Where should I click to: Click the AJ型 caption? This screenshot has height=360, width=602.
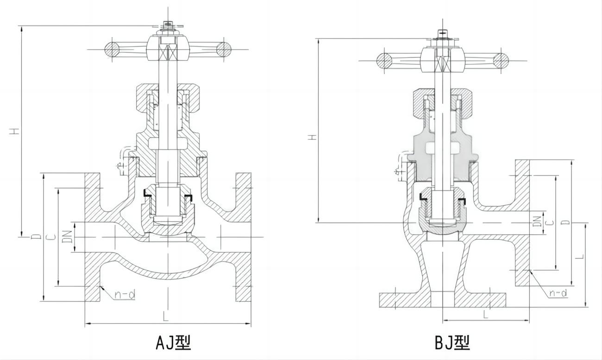[x=173, y=342]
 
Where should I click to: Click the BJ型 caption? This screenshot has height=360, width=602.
[x=452, y=342]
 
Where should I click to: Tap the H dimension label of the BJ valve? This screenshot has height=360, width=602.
[x=313, y=137]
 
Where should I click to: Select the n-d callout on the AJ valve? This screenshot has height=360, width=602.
[x=125, y=294]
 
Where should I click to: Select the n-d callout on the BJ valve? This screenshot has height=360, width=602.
[x=558, y=293]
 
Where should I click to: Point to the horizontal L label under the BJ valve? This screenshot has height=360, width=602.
[x=486, y=315]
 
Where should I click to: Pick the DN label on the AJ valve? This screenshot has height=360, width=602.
[x=67, y=237]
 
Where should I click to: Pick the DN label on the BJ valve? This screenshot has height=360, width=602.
[x=537, y=221]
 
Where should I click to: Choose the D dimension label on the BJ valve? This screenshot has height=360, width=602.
[x=565, y=222]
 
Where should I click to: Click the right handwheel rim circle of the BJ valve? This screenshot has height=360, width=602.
[x=501, y=60]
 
